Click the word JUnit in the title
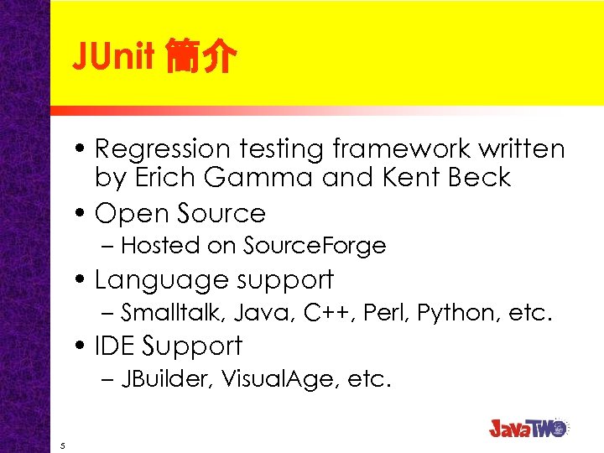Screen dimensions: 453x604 (x=113, y=57)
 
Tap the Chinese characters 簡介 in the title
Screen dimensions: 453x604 (x=200, y=58)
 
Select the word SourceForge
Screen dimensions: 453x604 (x=314, y=246)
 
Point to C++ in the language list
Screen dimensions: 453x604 (x=322, y=313)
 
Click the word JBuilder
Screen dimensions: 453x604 (x=167, y=379)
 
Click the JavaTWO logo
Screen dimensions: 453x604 (x=528, y=427)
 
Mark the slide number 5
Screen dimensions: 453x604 (x=63, y=445)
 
